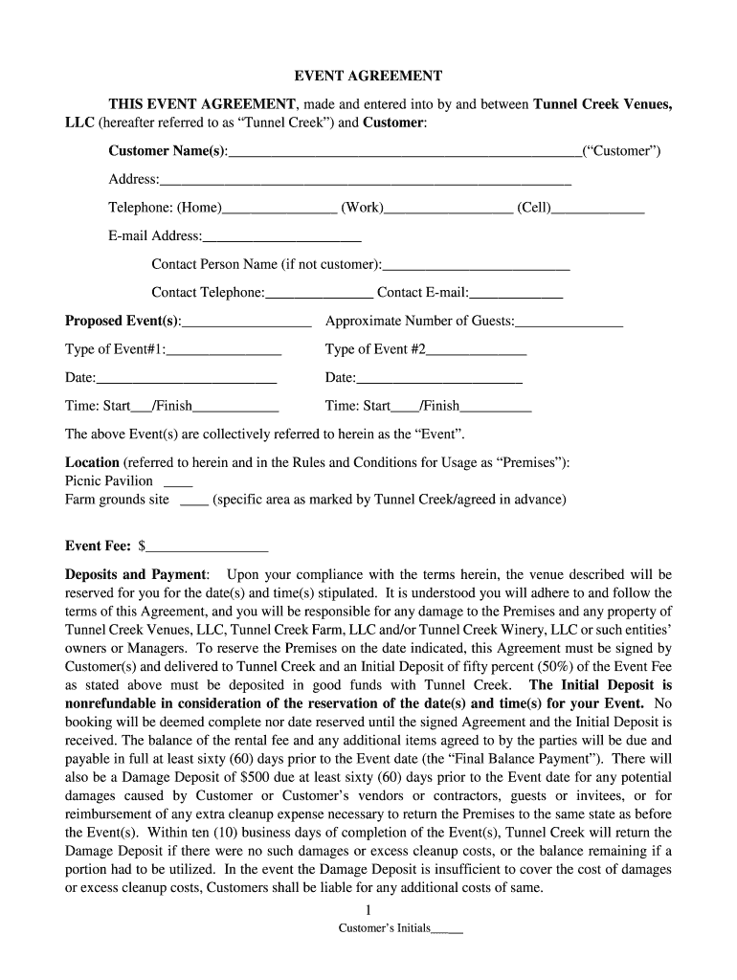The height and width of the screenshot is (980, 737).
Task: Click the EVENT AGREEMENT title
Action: click(x=368, y=77)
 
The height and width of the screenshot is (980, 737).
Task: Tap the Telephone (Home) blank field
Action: click(x=279, y=209)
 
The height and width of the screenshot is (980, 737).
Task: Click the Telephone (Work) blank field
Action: click(x=448, y=209)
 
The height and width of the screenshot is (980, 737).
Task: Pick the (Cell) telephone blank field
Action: click(x=598, y=209)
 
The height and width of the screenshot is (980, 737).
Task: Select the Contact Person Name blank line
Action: click(x=476, y=265)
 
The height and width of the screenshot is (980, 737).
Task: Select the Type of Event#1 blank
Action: click(x=224, y=350)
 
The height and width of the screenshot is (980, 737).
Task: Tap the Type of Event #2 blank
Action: click(x=476, y=350)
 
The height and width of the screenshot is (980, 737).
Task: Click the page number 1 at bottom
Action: click(x=368, y=909)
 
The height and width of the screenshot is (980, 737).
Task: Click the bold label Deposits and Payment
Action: click(x=136, y=575)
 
